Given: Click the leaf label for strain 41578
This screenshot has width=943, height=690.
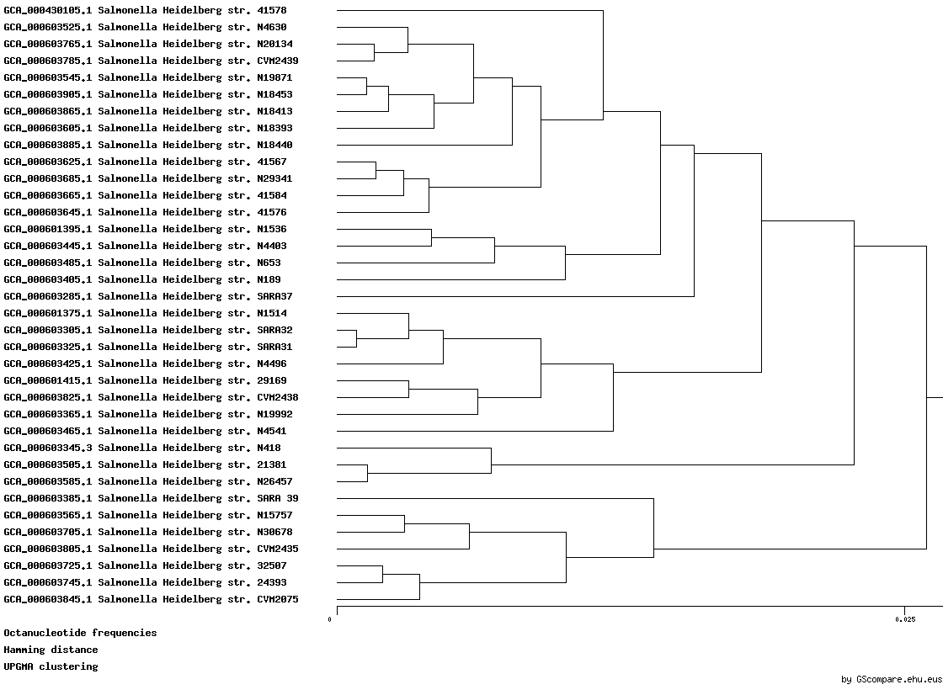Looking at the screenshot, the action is (145, 10).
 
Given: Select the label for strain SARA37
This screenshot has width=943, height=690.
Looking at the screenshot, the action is (148, 296).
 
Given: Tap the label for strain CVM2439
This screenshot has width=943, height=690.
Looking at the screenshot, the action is (151, 61).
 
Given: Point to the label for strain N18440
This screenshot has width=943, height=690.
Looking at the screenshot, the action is (148, 145).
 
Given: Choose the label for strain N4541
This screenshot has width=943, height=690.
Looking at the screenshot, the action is (145, 431).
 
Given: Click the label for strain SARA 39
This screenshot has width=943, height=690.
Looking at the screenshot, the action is (151, 498).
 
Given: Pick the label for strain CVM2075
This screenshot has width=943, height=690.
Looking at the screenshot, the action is (151, 599).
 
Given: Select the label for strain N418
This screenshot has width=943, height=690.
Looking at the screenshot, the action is (142, 448).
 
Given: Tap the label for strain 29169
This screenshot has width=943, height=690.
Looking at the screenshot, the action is (145, 380).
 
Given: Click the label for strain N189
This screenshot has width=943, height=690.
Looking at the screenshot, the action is (142, 279).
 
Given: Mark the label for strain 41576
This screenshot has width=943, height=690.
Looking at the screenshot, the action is (145, 212).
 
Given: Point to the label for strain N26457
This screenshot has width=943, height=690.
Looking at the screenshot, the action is (148, 481).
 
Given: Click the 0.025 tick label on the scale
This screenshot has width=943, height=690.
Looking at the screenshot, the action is (905, 619).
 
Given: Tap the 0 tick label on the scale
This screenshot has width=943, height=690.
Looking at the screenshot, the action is (329, 619).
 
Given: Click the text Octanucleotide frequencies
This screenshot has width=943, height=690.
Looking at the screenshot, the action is (80, 633).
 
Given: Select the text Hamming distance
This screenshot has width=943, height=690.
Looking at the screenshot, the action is (51, 650).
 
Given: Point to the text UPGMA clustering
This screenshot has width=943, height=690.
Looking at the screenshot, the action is (51, 666).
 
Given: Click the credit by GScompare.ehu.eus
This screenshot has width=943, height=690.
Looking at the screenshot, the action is (892, 680).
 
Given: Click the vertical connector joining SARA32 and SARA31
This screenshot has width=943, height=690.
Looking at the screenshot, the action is (357, 338).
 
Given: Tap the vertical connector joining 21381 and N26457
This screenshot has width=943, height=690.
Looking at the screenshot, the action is (367, 473).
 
